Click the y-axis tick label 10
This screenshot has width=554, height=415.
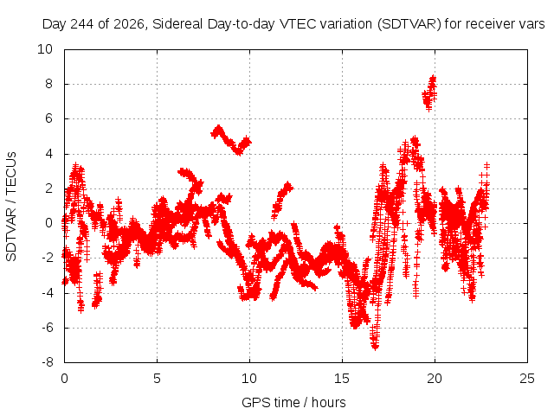45,49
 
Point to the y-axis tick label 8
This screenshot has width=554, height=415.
48,84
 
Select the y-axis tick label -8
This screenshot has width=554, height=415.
47,362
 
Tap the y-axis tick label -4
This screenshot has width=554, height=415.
47,292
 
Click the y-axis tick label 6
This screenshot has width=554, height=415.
48,118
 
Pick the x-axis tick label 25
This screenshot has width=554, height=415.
527,379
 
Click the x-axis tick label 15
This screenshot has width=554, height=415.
342,379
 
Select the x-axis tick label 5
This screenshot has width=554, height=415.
157,379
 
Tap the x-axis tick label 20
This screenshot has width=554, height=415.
435,379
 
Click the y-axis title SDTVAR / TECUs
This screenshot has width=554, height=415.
11,207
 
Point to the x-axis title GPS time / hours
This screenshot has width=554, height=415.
293,402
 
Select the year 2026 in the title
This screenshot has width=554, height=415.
129,24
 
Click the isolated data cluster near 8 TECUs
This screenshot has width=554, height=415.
429,93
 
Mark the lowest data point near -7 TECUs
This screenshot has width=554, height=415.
375,348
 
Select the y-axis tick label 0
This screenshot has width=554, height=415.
48,223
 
